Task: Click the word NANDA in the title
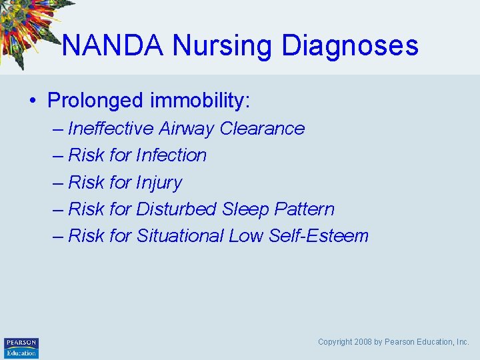[113, 45]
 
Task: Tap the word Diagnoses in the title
[350, 45]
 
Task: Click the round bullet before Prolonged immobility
[32, 101]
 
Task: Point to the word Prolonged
[96, 101]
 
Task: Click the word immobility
[199, 101]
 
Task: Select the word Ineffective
[110, 129]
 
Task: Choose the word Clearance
[262, 129]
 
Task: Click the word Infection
[171, 155]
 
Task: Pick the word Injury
[159, 183]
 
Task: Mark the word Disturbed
[176, 209]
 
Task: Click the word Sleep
[245, 209]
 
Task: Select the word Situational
[180, 236]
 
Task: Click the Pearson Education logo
[21, 348]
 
